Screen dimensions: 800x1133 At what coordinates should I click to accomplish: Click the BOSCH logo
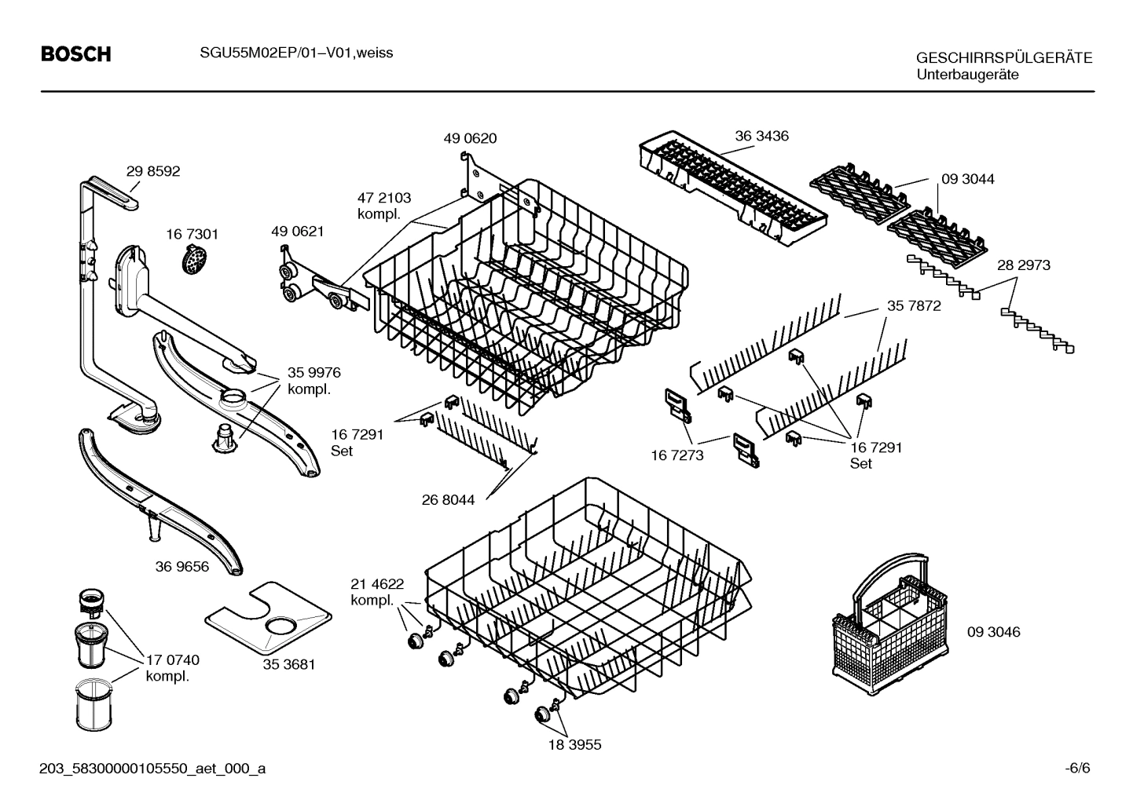(75, 54)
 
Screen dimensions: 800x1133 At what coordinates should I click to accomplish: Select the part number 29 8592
(153, 171)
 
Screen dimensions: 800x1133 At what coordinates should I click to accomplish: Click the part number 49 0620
(470, 138)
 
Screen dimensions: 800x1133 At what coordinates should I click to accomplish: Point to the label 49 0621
(297, 232)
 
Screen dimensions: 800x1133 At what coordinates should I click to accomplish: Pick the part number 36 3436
(761, 136)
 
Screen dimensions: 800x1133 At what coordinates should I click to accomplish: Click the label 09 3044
(967, 179)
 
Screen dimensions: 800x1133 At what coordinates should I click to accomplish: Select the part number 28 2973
(1023, 265)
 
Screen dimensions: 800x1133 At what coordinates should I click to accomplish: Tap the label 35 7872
(914, 306)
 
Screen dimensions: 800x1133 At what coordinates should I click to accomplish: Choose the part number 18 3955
(574, 744)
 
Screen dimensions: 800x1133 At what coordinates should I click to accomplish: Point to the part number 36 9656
(182, 566)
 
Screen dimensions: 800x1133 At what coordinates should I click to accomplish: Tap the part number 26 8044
(448, 499)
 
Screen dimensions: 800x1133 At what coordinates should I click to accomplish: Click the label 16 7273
(676, 455)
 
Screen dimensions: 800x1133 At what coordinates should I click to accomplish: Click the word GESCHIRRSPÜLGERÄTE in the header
(1003, 59)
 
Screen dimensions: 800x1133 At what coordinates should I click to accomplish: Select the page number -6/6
(1077, 768)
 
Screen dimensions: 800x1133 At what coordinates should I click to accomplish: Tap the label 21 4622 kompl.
(377, 592)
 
